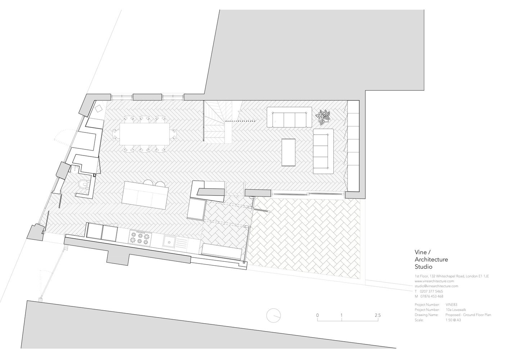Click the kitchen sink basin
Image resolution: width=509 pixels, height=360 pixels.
[170, 241]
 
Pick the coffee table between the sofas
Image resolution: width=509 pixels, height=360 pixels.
[288, 152]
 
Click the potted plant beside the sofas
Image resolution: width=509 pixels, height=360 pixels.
[323, 116]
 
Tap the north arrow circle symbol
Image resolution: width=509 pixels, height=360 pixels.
[274, 316]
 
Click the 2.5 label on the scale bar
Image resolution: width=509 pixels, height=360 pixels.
[377, 316]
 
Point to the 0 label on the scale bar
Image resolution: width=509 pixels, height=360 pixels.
[317, 316]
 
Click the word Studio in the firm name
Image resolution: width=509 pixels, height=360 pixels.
[424, 267]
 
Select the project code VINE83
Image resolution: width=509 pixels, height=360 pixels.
[451, 305]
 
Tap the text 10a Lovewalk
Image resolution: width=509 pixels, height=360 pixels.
[456, 310]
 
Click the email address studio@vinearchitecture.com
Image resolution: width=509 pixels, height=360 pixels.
[436, 286]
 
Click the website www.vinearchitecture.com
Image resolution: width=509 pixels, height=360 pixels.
[434, 281]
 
